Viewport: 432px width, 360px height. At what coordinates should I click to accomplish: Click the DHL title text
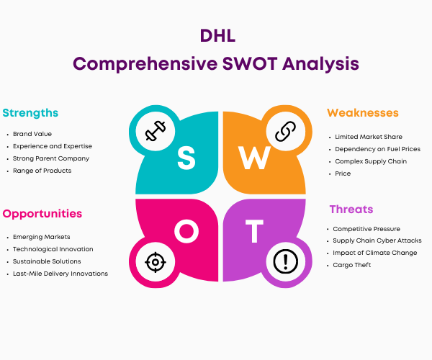217,36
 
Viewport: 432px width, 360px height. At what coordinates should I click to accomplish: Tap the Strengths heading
30,113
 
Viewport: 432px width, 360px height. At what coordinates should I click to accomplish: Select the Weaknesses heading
363,113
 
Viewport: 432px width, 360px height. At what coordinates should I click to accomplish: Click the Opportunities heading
42,214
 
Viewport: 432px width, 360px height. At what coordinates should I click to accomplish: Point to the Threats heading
351,210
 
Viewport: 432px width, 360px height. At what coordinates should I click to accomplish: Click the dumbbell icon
156,131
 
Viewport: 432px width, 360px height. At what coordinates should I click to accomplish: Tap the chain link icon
285,131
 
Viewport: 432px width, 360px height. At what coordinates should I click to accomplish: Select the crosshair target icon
156,262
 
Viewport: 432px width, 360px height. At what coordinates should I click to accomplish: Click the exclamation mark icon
285,261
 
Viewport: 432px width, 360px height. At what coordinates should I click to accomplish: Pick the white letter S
186,158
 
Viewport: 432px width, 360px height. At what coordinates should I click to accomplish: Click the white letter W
255,158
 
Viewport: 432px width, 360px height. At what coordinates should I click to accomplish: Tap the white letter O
186,231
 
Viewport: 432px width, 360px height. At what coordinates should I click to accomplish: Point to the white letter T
254,231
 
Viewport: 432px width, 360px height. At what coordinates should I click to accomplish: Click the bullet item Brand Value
32,134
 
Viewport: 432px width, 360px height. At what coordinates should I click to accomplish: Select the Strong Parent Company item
51,158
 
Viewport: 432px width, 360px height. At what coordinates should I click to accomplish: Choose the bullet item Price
343,174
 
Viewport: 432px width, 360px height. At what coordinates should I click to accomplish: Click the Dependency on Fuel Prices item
378,149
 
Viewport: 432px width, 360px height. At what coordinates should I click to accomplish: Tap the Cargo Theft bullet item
352,265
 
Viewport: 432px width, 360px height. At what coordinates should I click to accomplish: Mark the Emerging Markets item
41,237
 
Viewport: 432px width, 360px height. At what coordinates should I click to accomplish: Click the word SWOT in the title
250,63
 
